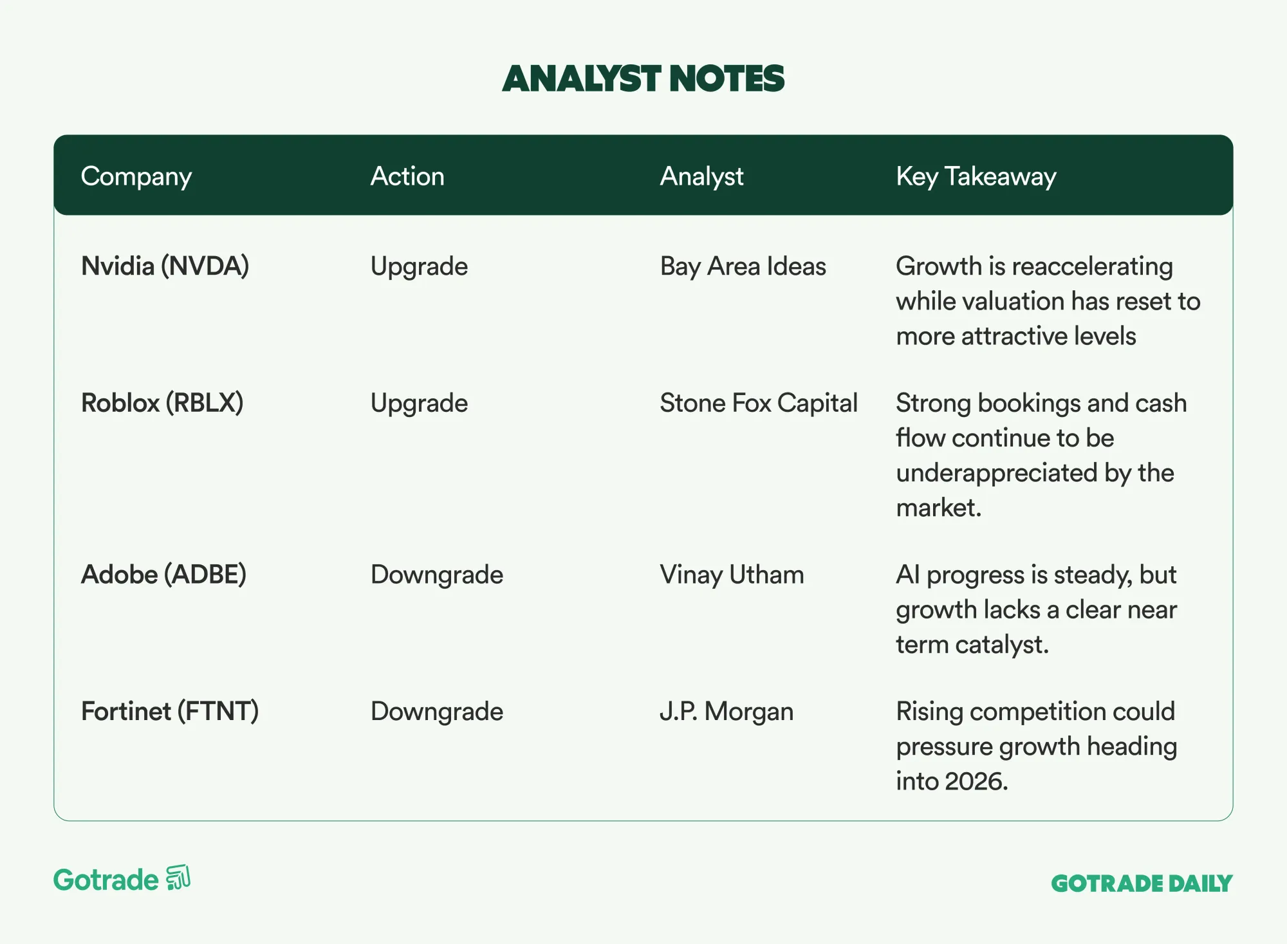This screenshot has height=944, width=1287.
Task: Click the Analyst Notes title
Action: coord(643,79)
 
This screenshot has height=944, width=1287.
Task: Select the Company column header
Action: coord(136,177)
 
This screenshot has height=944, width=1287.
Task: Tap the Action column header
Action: coord(407,176)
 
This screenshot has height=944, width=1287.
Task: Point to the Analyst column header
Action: coord(701,177)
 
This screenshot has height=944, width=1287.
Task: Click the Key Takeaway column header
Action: coord(976,177)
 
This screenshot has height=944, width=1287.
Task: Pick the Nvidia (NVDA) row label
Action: coord(165,266)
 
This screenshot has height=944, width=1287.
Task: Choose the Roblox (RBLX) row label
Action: coord(162,403)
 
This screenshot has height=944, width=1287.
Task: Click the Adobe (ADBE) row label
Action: coord(164,575)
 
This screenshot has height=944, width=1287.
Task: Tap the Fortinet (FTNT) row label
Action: coord(170,712)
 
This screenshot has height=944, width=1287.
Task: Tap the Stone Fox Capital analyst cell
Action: coord(759,403)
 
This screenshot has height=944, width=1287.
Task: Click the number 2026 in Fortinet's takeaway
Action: coord(976,781)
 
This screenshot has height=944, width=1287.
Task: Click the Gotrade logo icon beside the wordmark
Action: coord(178,878)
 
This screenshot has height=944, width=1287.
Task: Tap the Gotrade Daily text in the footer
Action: coord(1142,884)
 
